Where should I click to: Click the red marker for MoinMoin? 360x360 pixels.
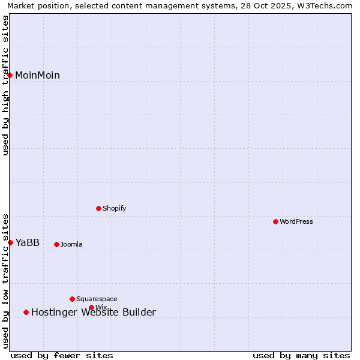[x=10, y=75]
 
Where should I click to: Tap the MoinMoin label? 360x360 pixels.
[x=37, y=76]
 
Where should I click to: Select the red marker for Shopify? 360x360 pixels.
[x=98, y=208]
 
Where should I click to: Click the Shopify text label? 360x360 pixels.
[x=114, y=209]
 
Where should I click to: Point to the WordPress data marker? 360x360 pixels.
[x=275, y=221]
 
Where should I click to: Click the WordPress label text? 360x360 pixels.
[x=296, y=222]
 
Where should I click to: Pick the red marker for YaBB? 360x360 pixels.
[x=10, y=242]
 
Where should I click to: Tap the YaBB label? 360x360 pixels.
[x=28, y=243]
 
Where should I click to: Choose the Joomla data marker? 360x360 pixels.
[x=56, y=244]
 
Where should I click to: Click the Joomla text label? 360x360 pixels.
[x=71, y=245]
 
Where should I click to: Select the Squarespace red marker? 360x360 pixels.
[x=72, y=299]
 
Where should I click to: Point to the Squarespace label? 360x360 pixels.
[x=97, y=299]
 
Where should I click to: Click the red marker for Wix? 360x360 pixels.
[x=91, y=307]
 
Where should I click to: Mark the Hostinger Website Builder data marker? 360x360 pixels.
[x=26, y=312]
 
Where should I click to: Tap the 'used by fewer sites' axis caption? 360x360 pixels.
[x=62, y=355]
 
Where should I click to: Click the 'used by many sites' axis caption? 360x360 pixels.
[x=301, y=355]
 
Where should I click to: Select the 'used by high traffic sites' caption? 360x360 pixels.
[x=6, y=85]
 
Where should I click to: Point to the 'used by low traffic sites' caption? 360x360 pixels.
[x=6, y=280]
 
